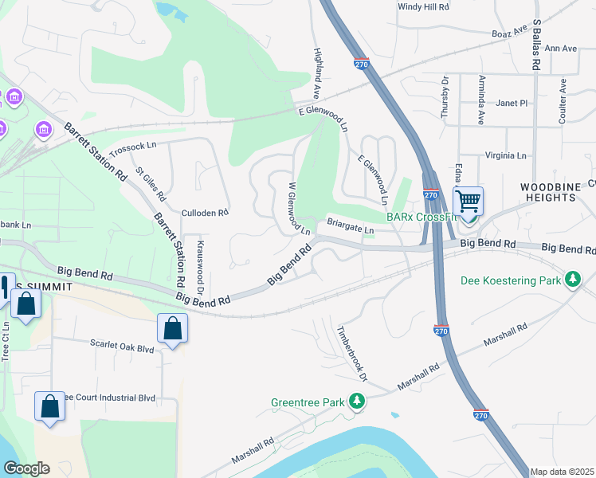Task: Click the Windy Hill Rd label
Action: (423, 7)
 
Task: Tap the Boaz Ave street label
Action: (511, 33)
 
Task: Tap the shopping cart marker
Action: (468, 200)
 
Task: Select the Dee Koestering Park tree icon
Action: (572, 280)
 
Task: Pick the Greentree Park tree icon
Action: (359, 402)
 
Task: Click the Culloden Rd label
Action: (205, 214)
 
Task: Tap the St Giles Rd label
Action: (150, 183)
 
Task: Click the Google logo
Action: (26, 468)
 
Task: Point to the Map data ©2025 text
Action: (562, 472)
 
